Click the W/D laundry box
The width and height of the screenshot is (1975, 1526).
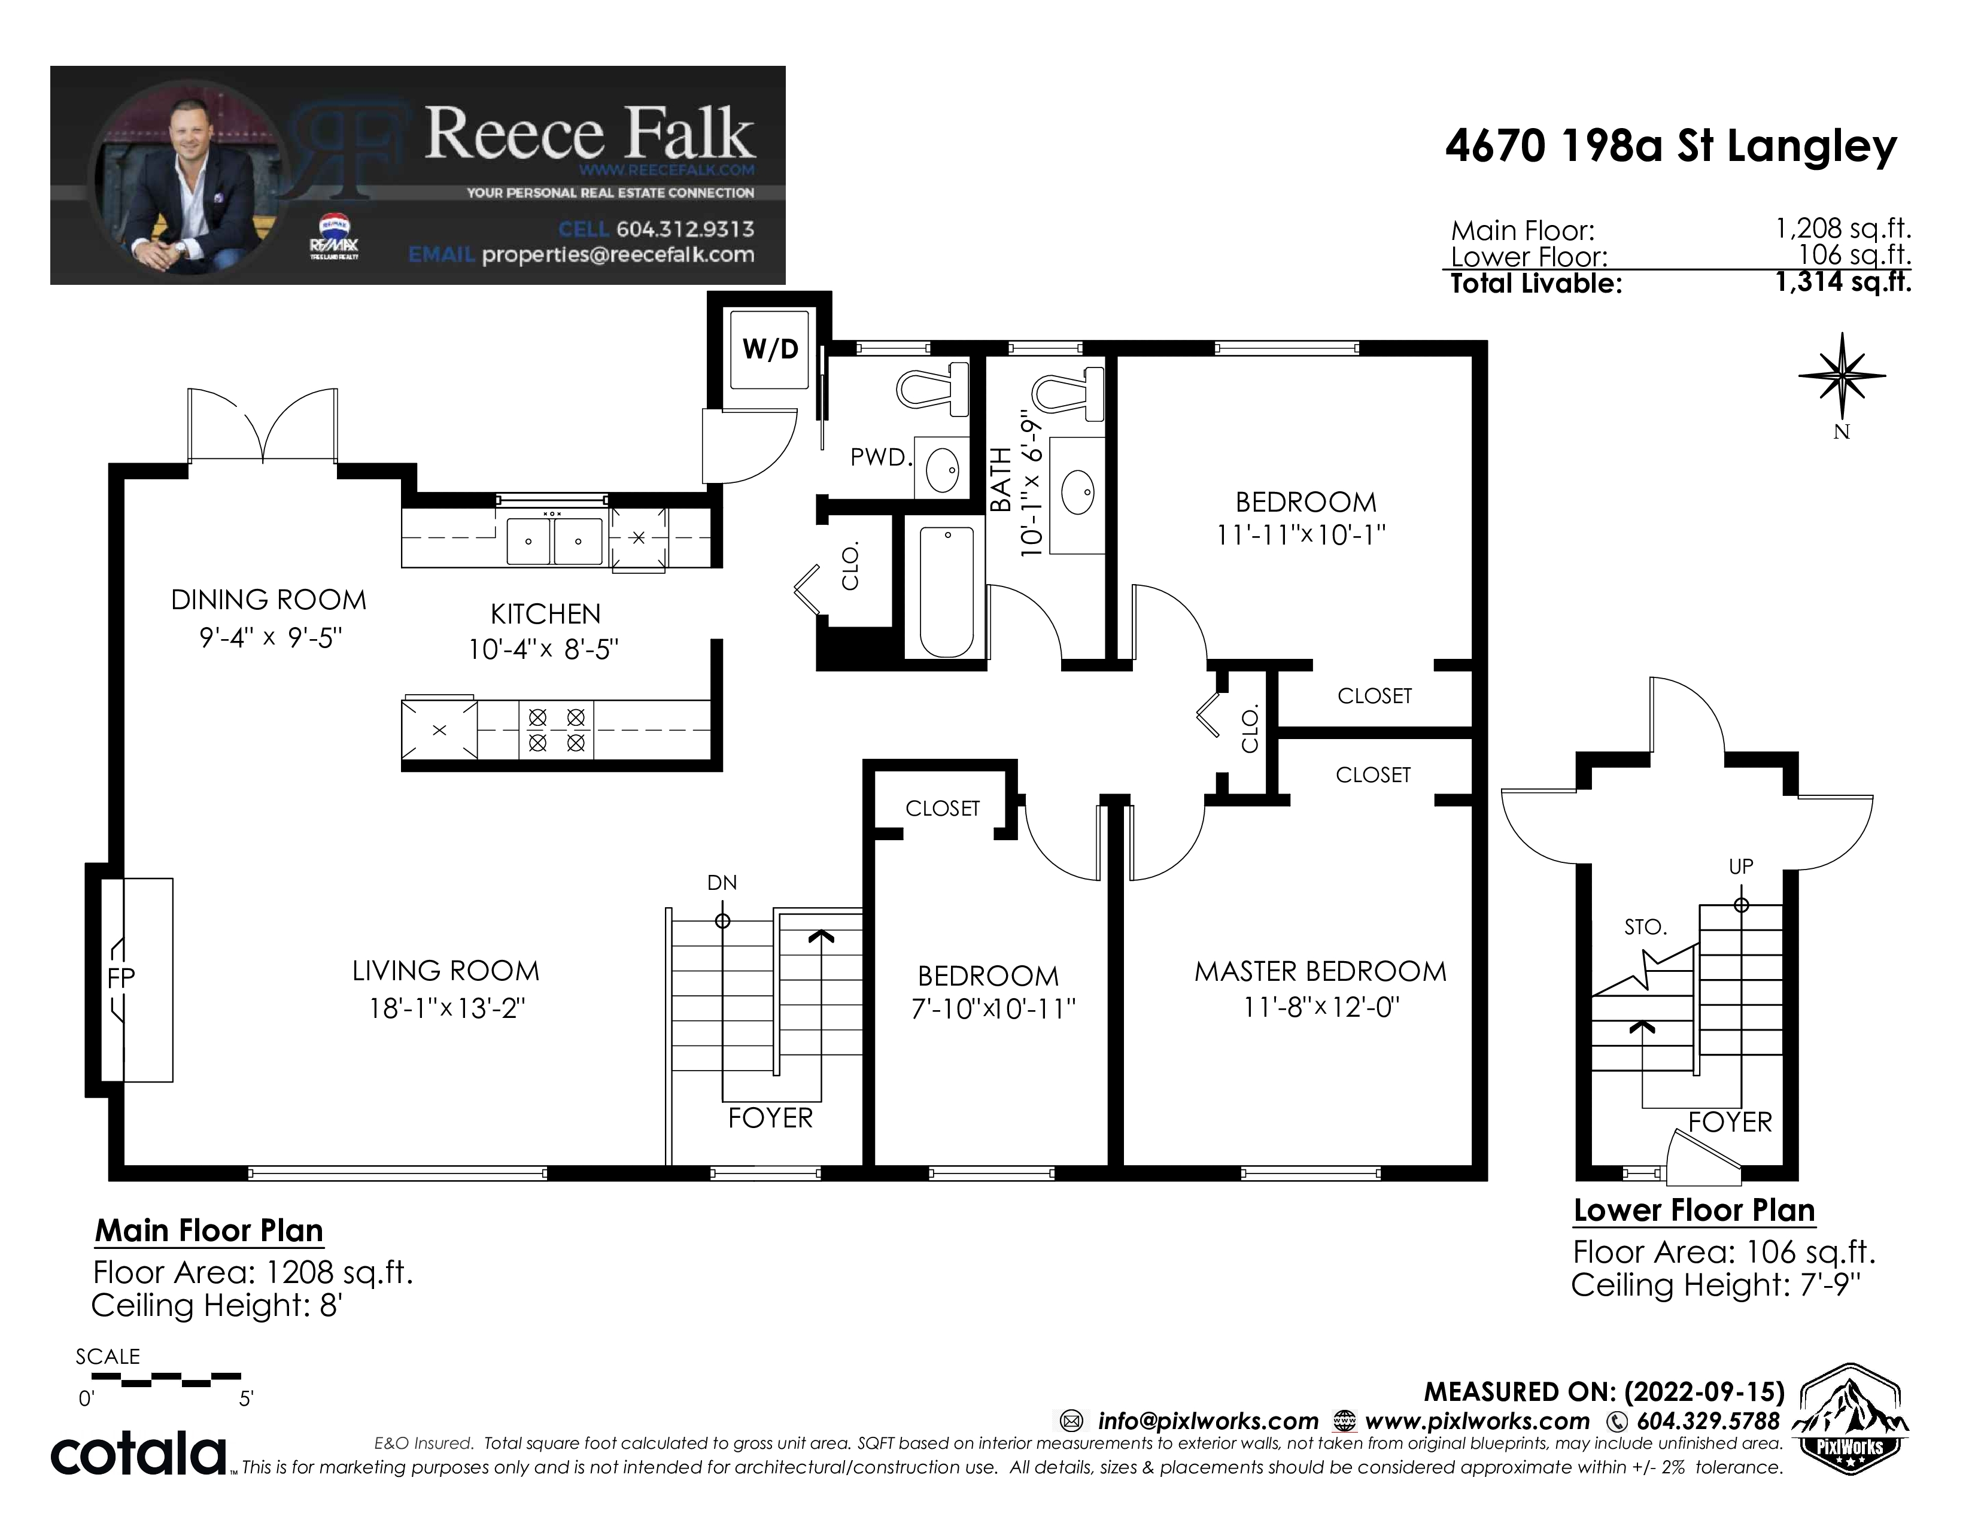(770, 349)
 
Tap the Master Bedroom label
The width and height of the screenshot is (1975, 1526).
(1320, 972)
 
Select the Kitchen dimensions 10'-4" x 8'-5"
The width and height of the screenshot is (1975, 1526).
(543, 649)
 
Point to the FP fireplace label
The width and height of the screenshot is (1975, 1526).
(121, 977)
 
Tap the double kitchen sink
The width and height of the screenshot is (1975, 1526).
(554, 540)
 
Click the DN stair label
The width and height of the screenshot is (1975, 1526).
(722, 882)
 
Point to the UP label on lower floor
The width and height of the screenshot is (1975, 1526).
(1741, 866)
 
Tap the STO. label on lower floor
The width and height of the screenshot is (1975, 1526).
(1645, 926)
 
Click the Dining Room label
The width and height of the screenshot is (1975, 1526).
(269, 600)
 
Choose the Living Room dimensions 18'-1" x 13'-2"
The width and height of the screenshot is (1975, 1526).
(446, 1008)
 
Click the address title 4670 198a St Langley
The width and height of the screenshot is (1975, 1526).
(1670, 147)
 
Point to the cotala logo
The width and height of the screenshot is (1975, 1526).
(139, 1453)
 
